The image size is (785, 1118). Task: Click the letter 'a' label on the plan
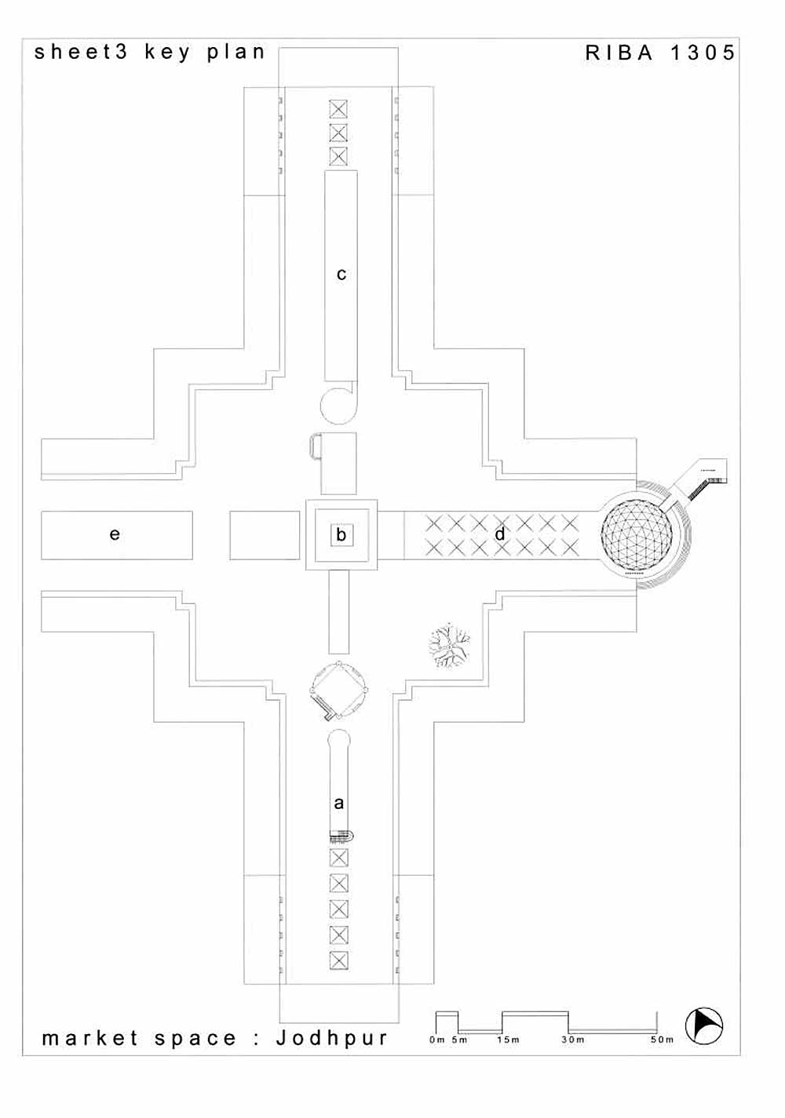(339, 803)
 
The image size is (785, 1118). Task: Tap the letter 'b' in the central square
(341, 535)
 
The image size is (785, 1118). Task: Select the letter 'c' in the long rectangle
(341, 275)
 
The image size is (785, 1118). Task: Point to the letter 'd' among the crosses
(500, 534)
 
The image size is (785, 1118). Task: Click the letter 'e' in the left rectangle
(115, 534)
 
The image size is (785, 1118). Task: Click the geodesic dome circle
(637, 535)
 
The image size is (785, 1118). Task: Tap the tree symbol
(450, 646)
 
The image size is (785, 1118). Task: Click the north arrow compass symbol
(704, 1026)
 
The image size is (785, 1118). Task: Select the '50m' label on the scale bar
(662, 1040)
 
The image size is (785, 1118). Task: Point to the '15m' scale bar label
(508, 1040)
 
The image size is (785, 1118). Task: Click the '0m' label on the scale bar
(437, 1040)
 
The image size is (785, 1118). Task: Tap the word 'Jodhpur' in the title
(332, 1038)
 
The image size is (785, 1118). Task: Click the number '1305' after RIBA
(703, 53)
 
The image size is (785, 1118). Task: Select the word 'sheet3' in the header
(81, 53)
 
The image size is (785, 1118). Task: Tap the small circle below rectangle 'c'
(339, 404)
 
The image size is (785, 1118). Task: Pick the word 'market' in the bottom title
(90, 1039)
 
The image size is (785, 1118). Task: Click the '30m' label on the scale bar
(573, 1040)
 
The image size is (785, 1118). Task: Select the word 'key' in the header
(167, 53)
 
